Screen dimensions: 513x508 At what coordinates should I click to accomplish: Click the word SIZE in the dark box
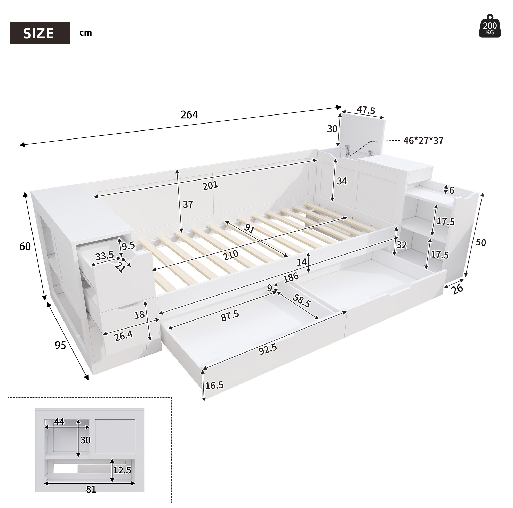pos(38,34)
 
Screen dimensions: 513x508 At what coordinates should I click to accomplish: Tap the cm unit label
pos(85,33)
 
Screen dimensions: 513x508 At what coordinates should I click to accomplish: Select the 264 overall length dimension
pos(189,114)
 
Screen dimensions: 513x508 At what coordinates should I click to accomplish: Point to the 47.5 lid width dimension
pos(366,110)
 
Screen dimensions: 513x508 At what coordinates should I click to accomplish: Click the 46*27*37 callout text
pos(423,140)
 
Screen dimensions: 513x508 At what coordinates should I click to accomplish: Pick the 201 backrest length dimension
pos(210,185)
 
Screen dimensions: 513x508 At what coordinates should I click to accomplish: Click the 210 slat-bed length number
pos(230,256)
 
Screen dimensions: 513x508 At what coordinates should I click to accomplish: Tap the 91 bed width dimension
pos(249,228)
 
